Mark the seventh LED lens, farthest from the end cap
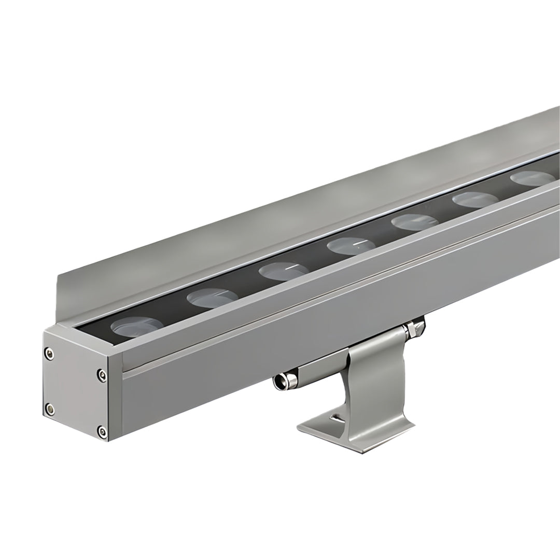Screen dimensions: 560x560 [x=531, y=178]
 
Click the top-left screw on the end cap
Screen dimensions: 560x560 [x=49, y=354]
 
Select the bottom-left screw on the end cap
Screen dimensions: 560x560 [x=49, y=408]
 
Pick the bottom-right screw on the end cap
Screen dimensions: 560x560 [x=102, y=430]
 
